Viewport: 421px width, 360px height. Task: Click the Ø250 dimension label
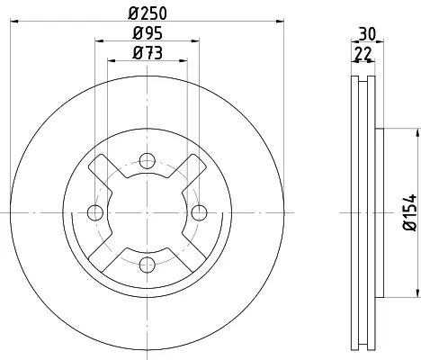pos(148,13)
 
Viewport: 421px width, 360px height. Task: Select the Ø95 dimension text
pos(148,33)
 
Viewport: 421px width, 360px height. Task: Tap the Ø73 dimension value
pos(148,53)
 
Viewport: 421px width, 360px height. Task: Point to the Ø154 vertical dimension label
pos(410,212)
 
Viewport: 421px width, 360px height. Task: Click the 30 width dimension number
pos(367,34)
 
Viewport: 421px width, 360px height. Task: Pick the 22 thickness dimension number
pos(363,54)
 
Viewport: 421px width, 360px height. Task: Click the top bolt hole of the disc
pos(148,161)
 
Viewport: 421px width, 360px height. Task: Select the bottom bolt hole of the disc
pos(148,265)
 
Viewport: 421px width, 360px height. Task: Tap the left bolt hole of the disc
pos(95,212)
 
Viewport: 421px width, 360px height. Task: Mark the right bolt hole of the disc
pos(199,212)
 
